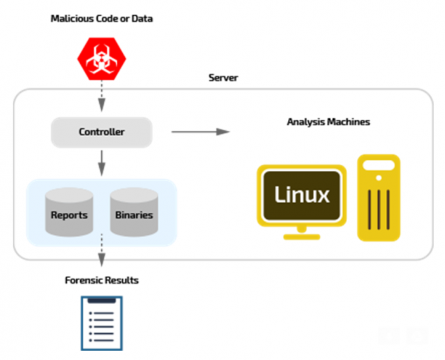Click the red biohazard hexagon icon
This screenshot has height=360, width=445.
coord(102,59)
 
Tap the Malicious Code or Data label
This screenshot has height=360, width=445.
coord(102,18)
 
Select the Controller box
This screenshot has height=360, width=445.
coord(102,132)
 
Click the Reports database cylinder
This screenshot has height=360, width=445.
coord(69,212)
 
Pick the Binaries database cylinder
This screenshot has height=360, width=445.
coord(134,212)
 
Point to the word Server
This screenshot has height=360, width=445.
coord(223,78)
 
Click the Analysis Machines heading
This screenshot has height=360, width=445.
coord(329,121)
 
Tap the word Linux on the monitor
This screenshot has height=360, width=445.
coord(302,195)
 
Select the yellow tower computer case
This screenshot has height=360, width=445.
coord(379,198)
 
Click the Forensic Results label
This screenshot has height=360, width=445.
coord(102,280)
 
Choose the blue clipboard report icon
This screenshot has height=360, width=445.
coord(102,323)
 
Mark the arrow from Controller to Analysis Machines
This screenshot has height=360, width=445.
coord(201,132)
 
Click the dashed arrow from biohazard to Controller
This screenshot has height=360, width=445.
coord(102,96)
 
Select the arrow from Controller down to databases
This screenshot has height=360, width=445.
coord(102,163)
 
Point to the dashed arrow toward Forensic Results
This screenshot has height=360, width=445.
coord(102,250)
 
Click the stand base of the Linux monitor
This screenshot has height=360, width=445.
coord(302,237)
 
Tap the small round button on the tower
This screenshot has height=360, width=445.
coord(379,178)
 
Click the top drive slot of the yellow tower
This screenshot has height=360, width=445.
coord(379,165)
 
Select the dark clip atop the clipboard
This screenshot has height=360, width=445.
coord(102,300)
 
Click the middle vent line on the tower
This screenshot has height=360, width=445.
coord(379,210)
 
